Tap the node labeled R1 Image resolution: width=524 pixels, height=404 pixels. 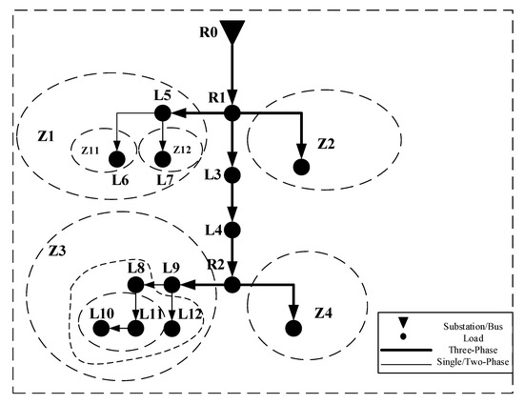coord(231,112)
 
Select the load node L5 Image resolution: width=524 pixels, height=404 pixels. coord(162,113)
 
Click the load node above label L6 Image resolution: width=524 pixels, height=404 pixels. coord(116,159)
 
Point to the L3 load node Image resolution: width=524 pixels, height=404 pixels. coord(231,175)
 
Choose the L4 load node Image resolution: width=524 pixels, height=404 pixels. coord(231,231)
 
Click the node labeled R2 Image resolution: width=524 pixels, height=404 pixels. coord(232,284)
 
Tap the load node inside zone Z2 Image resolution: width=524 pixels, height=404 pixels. coord(301,168)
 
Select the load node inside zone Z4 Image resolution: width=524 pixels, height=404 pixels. coord(293,328)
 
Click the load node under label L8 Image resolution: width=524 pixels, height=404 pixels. coord(135,284)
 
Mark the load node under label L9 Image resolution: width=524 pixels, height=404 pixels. coord(171,284)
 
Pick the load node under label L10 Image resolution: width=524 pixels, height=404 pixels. coord(101,328)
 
